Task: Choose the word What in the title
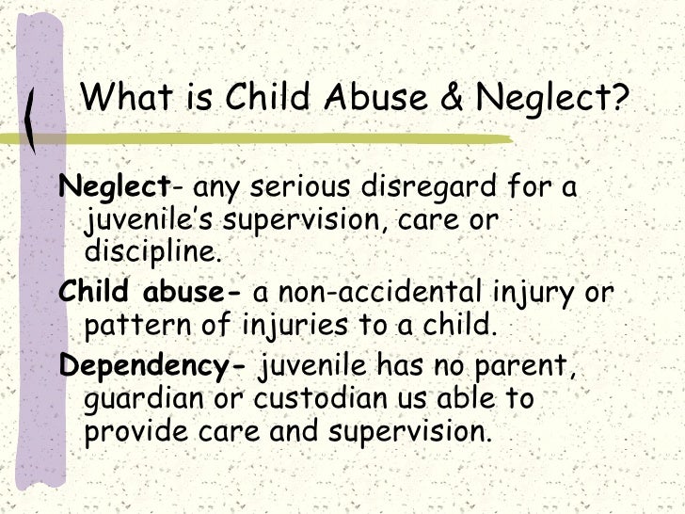click(127, 98)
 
